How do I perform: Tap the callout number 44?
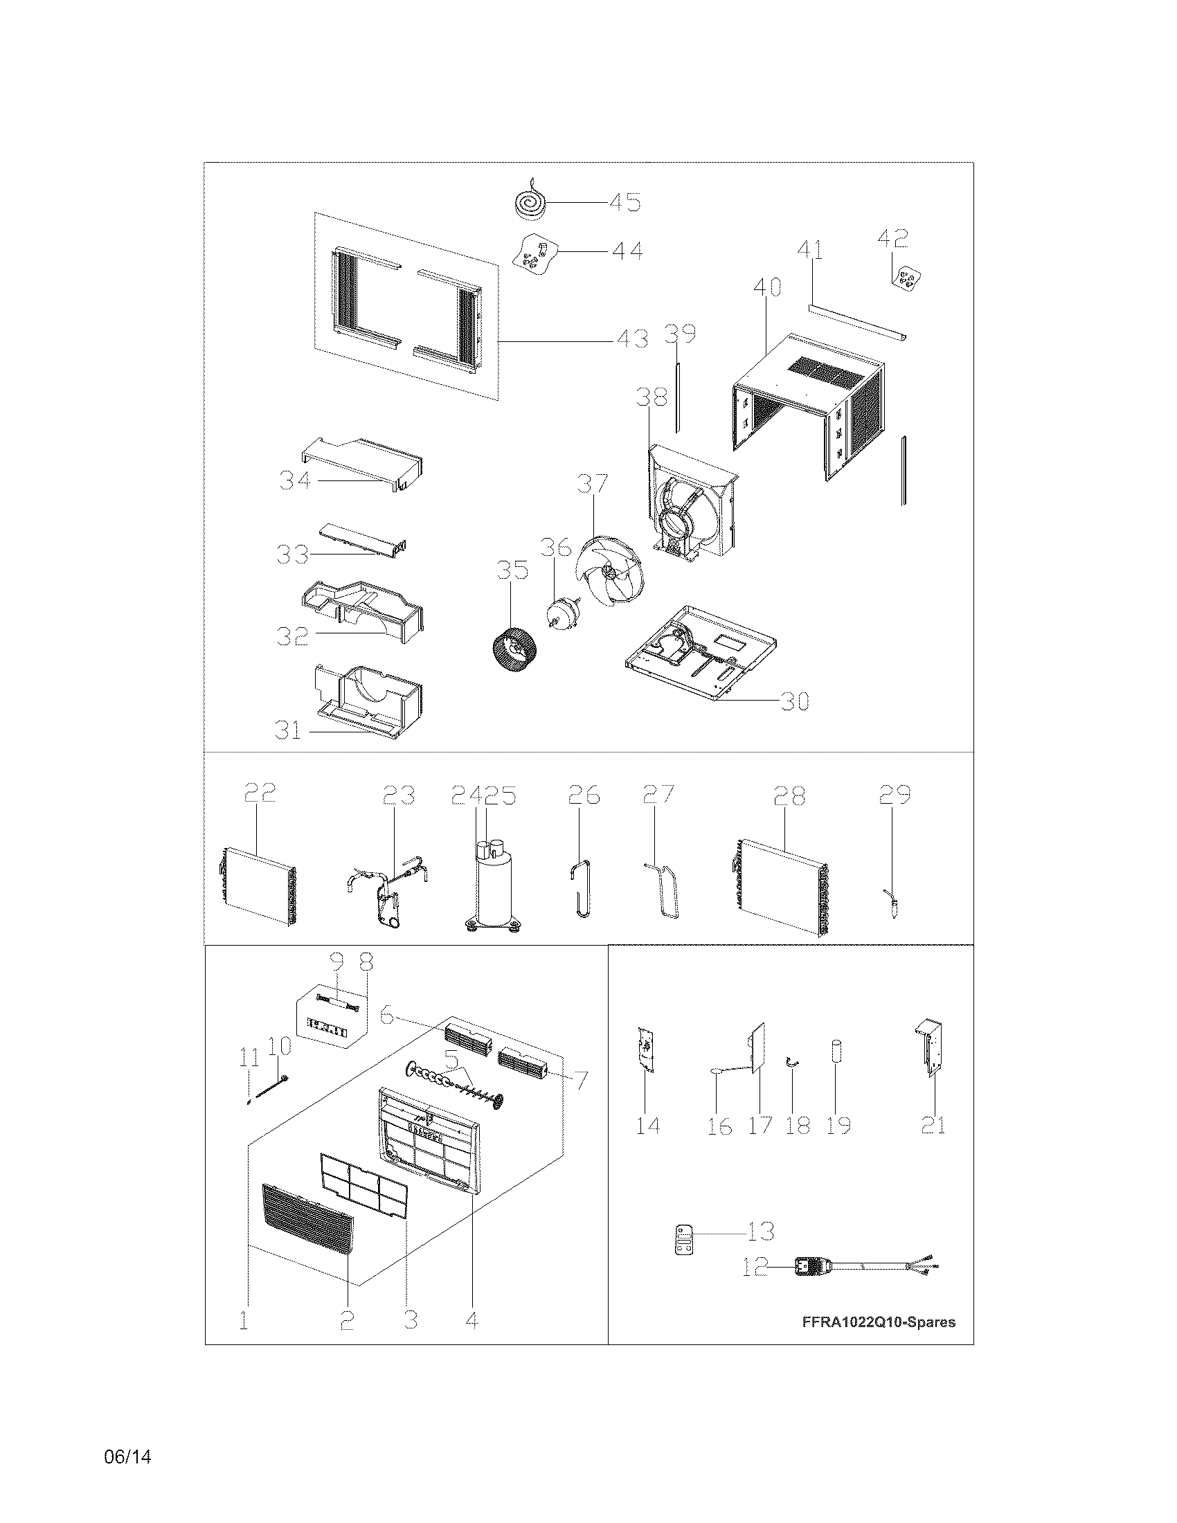(x=626, y=249)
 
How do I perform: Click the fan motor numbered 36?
(x=559, y=611)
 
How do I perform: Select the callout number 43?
(x=631, y=340)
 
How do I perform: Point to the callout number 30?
(x=794, y=700)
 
